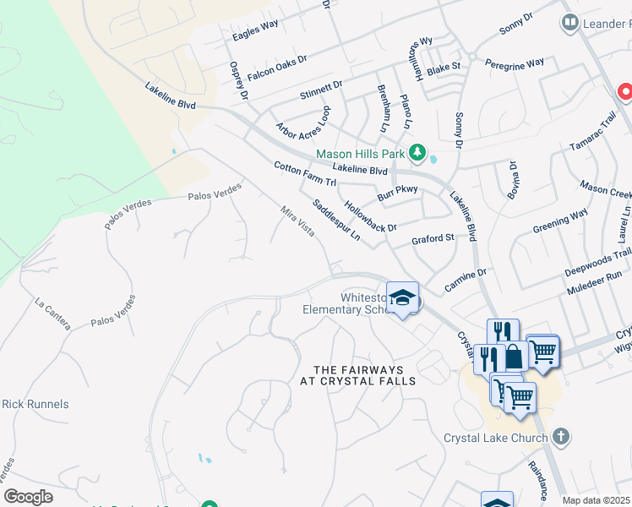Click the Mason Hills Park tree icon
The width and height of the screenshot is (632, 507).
pos(417,152)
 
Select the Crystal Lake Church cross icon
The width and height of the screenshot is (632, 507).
pos(560,436)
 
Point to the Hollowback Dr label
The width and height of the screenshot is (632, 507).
pos(371,216)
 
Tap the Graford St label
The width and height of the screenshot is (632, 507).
pos(433,239)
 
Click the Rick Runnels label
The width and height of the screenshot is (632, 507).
pos(35,405)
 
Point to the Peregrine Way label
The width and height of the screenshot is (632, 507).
pos(521,64)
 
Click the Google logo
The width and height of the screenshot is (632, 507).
pos(28,497)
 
